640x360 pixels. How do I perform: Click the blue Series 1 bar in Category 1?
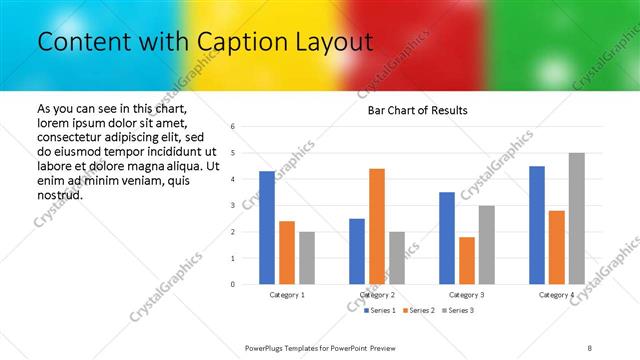pos(266,228)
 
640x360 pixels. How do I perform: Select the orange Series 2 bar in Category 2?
pos(376,226)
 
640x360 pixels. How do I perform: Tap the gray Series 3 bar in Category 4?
pos(577,219)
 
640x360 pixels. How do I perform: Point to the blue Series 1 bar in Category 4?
pos(537,225)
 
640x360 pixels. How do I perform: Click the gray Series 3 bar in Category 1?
pos(306,258)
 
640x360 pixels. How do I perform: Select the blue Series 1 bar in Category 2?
pos(356,251)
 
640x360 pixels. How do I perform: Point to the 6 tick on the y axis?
pos(232,127)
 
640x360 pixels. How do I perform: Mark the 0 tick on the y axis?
pos(232,284)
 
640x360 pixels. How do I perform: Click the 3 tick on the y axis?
pos(232,206)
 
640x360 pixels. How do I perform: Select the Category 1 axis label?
pos(287,295)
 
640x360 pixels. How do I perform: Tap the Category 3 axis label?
pos(466,295)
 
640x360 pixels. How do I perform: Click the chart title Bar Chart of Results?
pos(412,109)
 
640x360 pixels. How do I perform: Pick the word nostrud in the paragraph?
pos(59,194)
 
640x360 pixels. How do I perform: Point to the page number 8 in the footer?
pos(589,346)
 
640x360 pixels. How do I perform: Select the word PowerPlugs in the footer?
pos(265,346)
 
